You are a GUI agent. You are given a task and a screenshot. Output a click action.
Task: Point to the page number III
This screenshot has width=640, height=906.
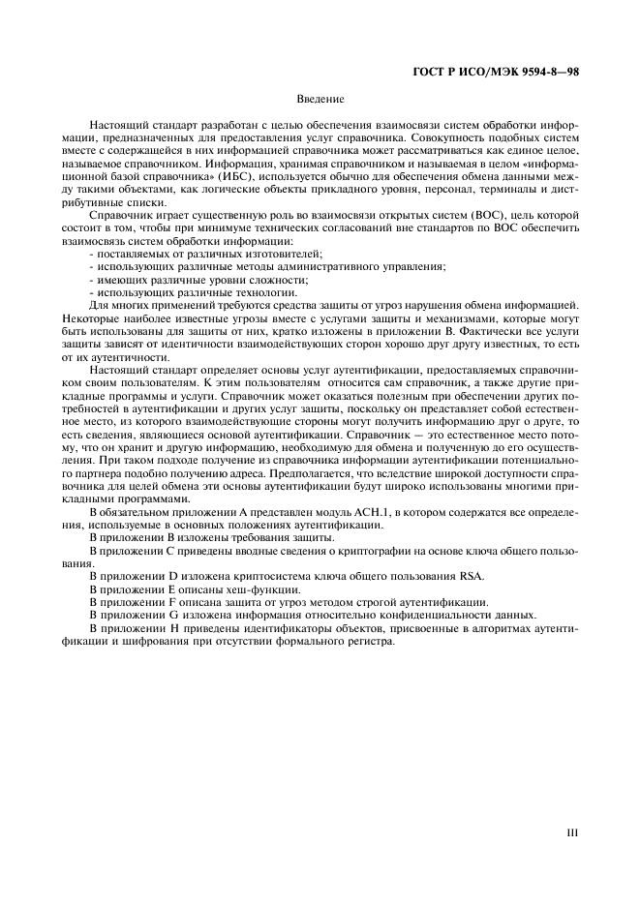tap(572, 830)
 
